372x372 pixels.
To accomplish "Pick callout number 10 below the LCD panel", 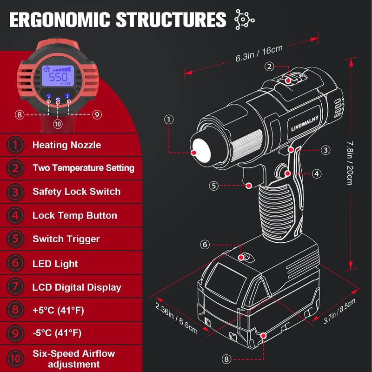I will coord(58,124).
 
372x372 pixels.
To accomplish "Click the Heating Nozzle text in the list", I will coord(66,145).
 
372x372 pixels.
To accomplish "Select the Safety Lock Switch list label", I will coord(76,192).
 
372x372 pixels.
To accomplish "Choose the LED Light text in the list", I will coord(55,264).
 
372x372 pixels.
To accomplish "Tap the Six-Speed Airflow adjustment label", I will coord(73,359).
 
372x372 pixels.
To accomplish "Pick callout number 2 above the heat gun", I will coord(269,66).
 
